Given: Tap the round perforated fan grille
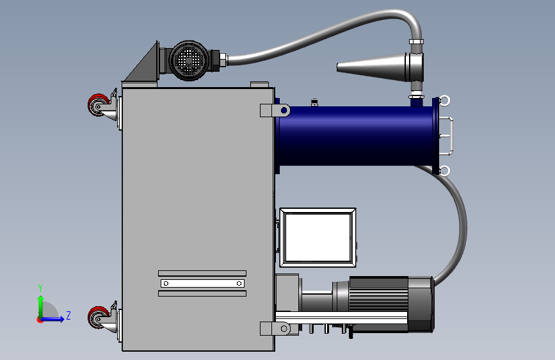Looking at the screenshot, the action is point(189,61).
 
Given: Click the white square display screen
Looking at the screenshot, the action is point(318,238).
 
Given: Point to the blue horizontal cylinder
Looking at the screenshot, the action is point(354,136).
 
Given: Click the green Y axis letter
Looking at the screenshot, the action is point(40,288).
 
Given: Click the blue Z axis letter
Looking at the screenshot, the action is point(68,315).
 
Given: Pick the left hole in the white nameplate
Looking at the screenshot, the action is point(166,284).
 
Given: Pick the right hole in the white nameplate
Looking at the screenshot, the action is point(239,284).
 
